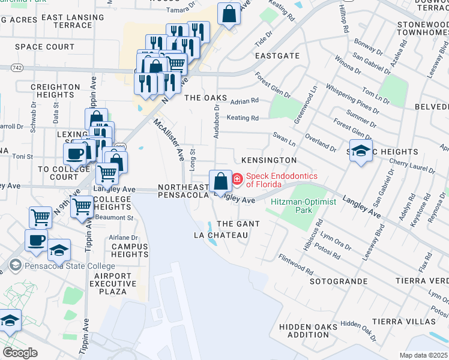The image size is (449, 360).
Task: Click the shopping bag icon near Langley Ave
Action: tap(221, 181)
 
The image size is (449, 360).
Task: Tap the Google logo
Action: tap(20, 352)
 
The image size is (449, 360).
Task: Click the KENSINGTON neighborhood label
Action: tap(268, 160)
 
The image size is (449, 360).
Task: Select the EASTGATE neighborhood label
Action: tap(277, 55)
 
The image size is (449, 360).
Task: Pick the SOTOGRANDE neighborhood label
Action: tap(338, 281)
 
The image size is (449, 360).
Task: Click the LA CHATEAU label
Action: tap(221, 235)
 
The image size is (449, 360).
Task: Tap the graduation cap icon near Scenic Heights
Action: tap(361, 151)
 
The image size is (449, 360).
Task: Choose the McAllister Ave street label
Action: tap(169, 139)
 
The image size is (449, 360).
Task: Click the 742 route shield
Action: tap(17, 68)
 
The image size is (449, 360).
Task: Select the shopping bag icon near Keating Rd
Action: tap(228, 14)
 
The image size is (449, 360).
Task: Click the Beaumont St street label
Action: tap(116, 217)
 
